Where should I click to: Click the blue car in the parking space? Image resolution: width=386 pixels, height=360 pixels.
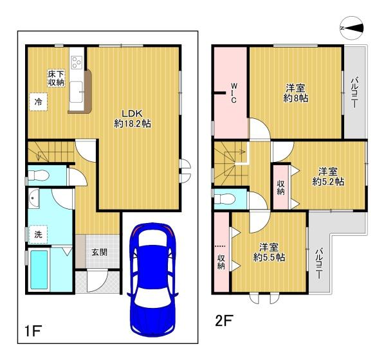point(152,279)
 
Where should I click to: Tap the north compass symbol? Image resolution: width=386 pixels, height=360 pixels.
point(352,28)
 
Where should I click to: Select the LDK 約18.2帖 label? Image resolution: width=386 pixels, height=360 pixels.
point(133,118)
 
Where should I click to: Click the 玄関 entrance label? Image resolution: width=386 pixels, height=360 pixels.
point(99,252)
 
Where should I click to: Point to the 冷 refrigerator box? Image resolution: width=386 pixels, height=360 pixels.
point(38,102)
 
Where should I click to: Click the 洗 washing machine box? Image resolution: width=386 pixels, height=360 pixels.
point(38,235)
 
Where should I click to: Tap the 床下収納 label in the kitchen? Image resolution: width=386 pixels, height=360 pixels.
point(56,78)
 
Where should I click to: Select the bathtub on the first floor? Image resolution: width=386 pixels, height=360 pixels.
point(39,270)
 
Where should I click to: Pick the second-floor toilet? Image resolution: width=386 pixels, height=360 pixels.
point(223,199)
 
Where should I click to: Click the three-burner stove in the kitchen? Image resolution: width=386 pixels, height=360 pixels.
point(77,62)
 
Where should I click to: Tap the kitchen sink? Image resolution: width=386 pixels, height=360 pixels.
point(76,92)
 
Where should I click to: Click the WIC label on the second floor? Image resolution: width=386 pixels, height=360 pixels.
point(234,93)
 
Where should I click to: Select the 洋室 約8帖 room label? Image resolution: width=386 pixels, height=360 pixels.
point(295,93)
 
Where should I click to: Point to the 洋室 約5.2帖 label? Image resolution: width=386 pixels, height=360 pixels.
point(328,176)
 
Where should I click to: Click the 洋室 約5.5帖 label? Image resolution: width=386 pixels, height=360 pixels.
point(269,252)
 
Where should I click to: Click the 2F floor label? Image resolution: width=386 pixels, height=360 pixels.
point(224,320)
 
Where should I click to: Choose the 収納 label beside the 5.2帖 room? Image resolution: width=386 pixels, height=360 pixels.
point(281,188)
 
